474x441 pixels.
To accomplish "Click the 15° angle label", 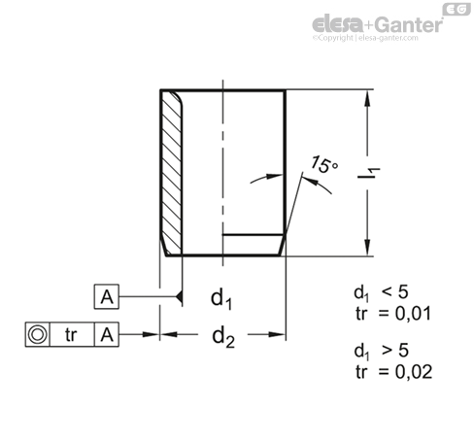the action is pos(324,165).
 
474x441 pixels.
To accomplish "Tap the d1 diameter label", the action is pos(220,299).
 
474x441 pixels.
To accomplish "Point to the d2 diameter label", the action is pos(223,337).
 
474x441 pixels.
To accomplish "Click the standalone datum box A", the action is pos(107,296).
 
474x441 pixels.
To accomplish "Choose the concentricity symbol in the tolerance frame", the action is pos(37,334).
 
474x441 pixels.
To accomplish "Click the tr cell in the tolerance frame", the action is pos(71,334).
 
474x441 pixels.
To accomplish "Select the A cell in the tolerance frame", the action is pos(107,334).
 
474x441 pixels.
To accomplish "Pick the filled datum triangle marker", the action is pos(179,296).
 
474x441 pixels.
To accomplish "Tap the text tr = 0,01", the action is pos(393,314).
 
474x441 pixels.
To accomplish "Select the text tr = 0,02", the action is pos(393,372).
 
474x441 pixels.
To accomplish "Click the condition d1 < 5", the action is pos(381,292).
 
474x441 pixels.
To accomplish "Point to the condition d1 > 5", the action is pos(381,352).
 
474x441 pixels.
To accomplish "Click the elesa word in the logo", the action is pos(338,24).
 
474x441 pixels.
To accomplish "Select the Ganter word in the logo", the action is pos(409,24).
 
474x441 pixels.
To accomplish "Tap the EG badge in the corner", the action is pos(457,10).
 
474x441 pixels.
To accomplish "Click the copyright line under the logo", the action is pos(365,38).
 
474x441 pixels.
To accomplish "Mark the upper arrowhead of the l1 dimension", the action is pos(367,98).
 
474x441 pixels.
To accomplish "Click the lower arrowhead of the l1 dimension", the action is pos(367,248).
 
